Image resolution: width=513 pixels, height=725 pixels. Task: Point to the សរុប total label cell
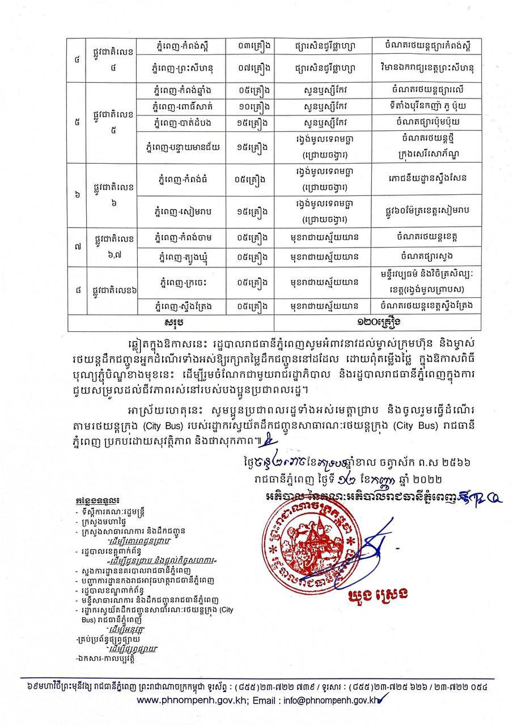pos(170,322)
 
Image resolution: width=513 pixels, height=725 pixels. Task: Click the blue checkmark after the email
pos(376,700)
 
